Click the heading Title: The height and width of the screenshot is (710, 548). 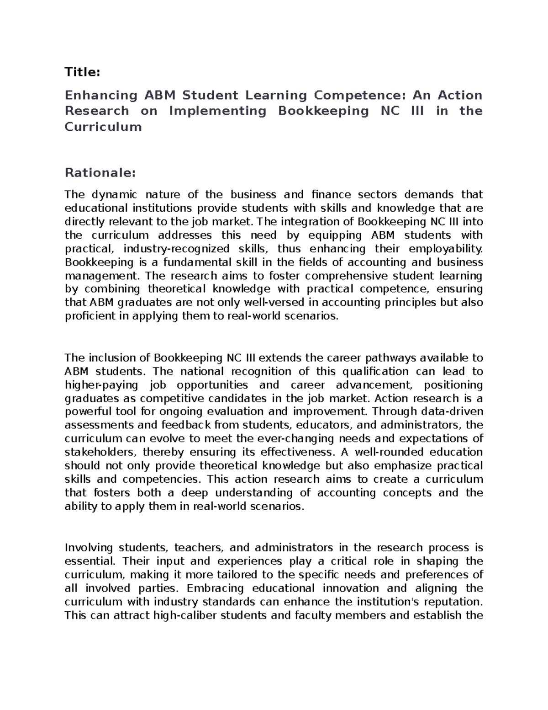pyautogui.click(x=82, y=72)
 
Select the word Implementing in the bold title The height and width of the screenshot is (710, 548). pyautogui.click(x=217, y=111)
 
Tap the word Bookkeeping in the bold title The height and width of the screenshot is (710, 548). pyautogui.click(x=323, y=111)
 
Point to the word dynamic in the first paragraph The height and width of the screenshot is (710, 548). pyautogui.click(x=110, y=195)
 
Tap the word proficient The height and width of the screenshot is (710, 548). pyautogui.click(x=90, y=316)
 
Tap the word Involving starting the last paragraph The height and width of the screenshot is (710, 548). pyautogui.click(x=90, y=548)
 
